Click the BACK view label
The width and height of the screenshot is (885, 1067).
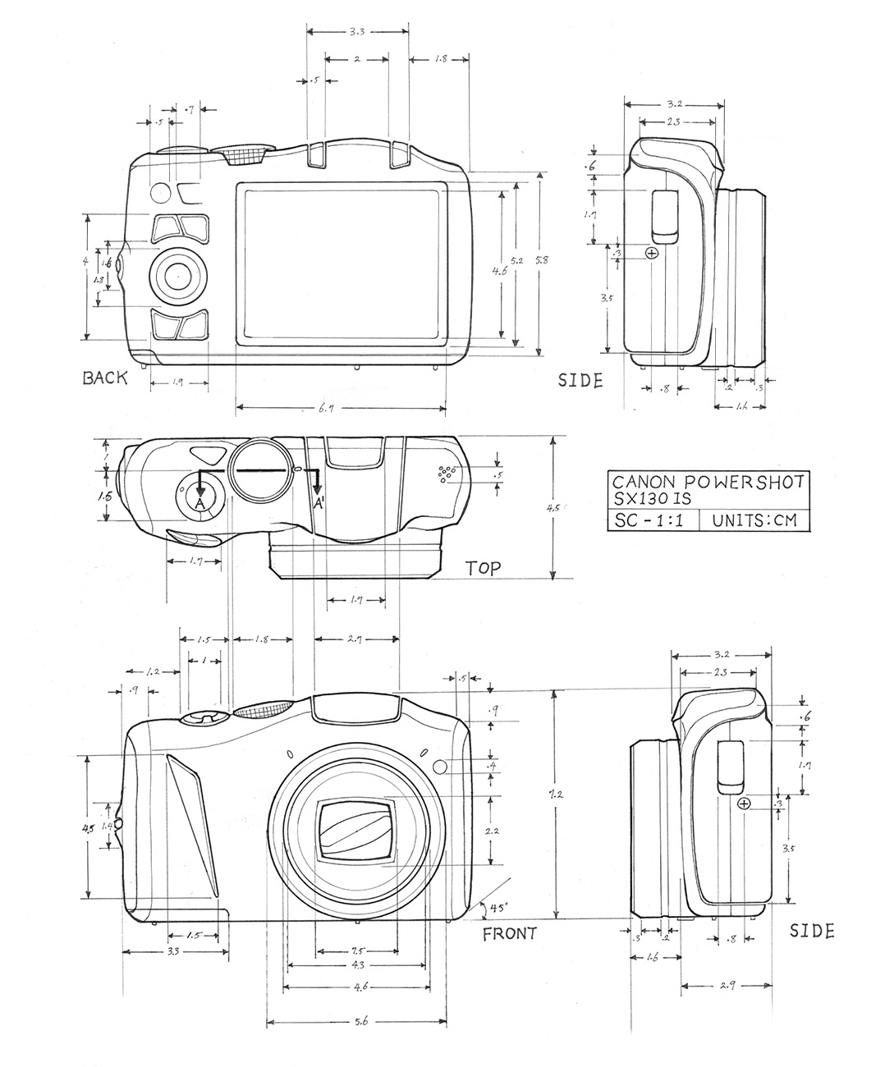tap(105, 378)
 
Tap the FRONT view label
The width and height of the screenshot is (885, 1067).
tap(509, 933)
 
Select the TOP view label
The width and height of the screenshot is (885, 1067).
tap(484, 568)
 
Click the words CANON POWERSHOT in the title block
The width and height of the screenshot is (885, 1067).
tap(707, 482)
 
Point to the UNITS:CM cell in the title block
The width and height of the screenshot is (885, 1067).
tap(754, 520)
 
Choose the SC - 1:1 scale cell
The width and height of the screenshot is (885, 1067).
tap(652, 520)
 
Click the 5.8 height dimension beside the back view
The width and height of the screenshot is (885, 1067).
tap(539, 259)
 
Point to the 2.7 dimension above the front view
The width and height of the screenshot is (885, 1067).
tap(357, 639)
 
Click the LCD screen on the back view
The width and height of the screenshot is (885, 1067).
tap(342, 263)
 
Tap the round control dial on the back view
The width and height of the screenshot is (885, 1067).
tap(177, 277)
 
